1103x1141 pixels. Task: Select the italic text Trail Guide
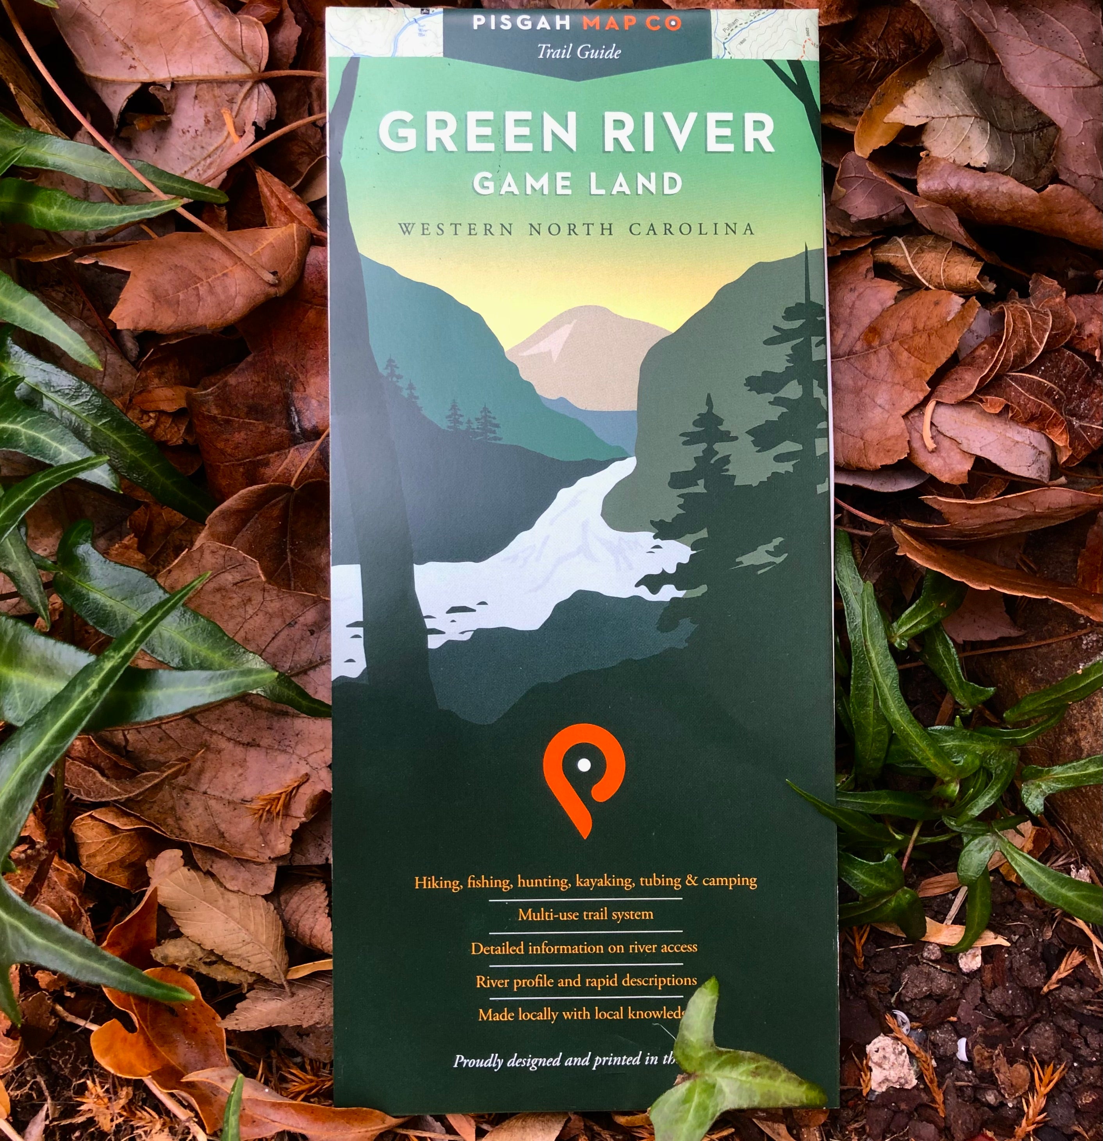click(578, 52)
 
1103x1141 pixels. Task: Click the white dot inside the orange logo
click(583, 764)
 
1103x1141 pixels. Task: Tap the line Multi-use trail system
click(585, 915)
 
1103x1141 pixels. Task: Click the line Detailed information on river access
click(584, 948)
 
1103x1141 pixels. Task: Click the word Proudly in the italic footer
click(478, 1061)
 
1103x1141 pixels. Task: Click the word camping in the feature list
click(729, 880)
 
